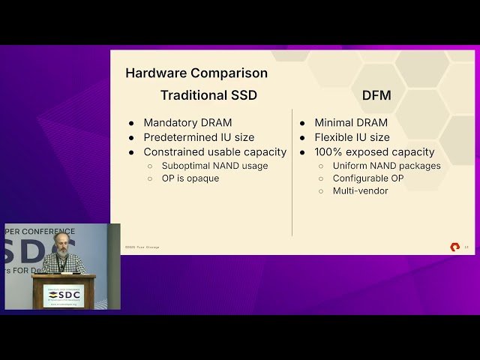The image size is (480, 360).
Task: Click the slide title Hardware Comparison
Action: click(x=196, y=73)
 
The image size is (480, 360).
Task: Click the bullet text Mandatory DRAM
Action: click(x=187, y=123)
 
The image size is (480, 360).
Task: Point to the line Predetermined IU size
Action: click(x=199, y=137)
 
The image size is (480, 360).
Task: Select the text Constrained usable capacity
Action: click(x=214, y=151)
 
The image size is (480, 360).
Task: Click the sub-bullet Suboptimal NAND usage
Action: click(x=214, y=166)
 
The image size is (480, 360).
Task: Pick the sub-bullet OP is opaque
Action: click(x=190, y=178)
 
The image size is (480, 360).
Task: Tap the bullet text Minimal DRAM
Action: click(x=351, y=123)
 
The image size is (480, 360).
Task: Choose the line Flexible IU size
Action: click(x=352, y=137)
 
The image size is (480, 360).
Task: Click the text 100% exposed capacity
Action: click(x=374, y=151)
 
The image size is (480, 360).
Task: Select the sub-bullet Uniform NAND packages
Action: click(x=387, y=166)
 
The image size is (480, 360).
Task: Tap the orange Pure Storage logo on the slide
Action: click(x=454, y=247)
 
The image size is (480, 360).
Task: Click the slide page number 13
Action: click(x=466, y=247)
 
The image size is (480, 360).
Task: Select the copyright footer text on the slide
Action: click(x=142, y=247)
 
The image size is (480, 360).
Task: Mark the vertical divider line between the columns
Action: click(x=292, y=172)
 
